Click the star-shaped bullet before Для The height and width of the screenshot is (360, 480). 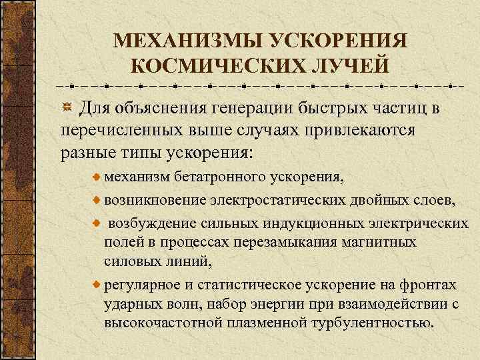67,108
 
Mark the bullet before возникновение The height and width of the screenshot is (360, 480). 97,199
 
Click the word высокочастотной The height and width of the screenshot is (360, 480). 155,324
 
